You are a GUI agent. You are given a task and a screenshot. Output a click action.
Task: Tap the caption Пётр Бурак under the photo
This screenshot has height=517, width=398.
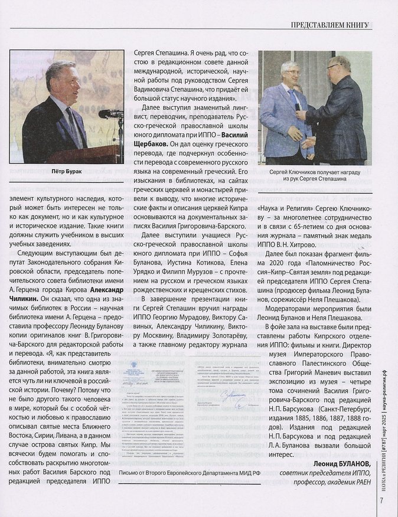pos(67,174)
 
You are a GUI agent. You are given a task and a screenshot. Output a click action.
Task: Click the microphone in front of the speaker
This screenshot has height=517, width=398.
pos(109,113)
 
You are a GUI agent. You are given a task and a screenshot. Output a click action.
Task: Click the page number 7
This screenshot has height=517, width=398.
pos(383,500)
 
